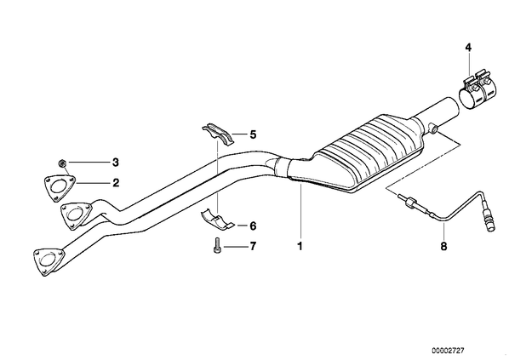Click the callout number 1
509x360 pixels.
click(300, 246)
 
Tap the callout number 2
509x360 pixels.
click(116, 183)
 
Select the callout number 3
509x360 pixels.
click(116, 163)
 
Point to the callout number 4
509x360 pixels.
click(468, 48)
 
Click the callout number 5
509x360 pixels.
click(253, 134)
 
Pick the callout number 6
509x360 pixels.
click(253, 226)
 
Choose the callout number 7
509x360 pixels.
click(253, 246)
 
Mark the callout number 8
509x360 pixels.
click(443, 246)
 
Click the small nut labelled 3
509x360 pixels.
click(60, 163)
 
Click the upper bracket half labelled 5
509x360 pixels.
click(219, 134)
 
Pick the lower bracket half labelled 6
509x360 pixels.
click(217, 220)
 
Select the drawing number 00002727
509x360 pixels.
click(448, 351)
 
